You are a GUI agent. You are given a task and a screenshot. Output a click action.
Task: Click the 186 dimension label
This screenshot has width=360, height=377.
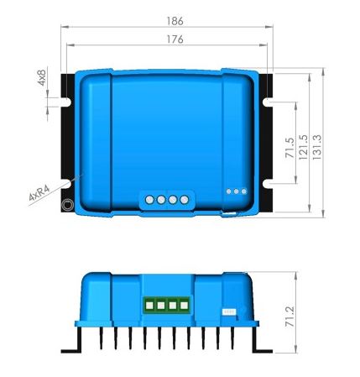point(175,21)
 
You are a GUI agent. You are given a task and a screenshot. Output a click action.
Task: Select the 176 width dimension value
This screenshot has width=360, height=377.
point(175,39)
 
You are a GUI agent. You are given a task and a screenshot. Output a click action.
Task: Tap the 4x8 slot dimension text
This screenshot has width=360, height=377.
point(41,77)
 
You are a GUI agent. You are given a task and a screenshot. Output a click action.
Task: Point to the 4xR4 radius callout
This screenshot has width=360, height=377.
point(39,193)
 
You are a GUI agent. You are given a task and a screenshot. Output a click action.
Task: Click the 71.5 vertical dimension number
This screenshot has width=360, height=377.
point(290,148)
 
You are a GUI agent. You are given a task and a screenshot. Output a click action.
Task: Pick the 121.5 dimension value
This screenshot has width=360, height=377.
point(304,148)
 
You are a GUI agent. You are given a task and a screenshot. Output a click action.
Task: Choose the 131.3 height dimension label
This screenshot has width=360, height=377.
point(317,148)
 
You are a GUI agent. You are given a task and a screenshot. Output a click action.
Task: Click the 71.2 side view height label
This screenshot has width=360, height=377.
point(290,317)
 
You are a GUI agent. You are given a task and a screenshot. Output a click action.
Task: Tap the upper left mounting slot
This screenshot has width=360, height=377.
point(66,102)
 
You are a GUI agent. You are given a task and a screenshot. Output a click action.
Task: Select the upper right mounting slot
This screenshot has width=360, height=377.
point(268,102)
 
